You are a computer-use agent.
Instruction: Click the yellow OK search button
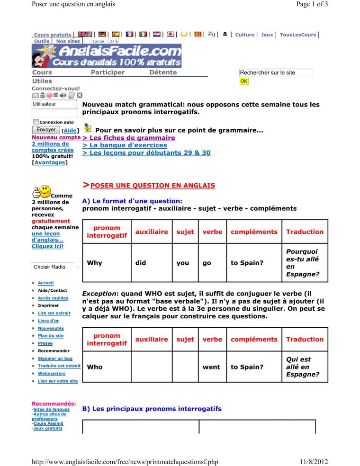(244, 81)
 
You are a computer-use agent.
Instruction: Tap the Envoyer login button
(45, 130)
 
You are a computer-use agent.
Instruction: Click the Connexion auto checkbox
(36, 122)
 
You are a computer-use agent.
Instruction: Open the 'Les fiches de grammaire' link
(128, 138)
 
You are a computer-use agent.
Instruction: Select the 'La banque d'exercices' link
(125, 145)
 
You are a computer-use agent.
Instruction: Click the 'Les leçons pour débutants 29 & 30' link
(146, 153)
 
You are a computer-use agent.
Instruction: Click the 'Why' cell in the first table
(95, 263)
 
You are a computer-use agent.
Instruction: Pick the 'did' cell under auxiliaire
(140, 263)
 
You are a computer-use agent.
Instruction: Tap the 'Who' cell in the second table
(95, 367)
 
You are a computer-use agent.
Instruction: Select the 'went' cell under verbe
(211, 367)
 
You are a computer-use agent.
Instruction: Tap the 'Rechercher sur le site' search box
(276, 73)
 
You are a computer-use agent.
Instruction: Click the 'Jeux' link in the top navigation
(267, 35)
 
